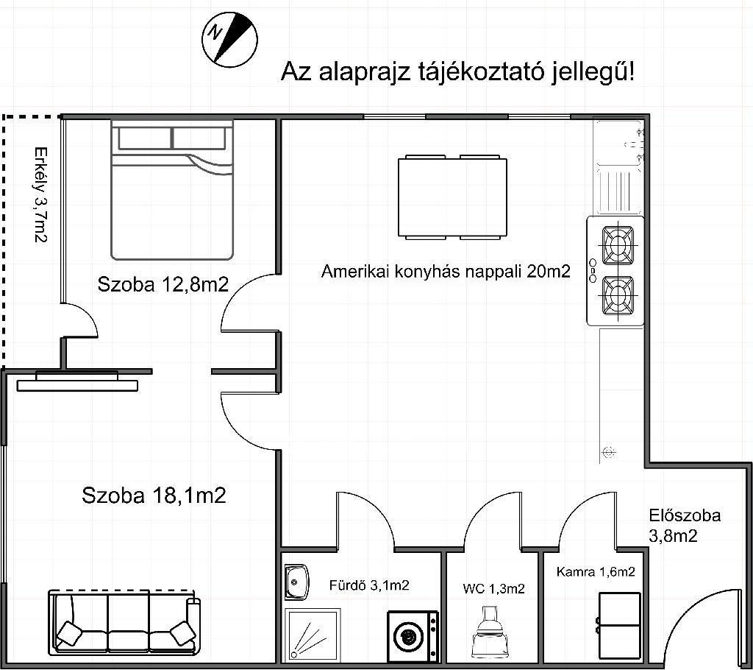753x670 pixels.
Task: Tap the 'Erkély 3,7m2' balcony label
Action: coord(41,195)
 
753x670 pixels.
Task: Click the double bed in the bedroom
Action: coord(172,190)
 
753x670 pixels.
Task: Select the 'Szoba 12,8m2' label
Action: coord(163,284)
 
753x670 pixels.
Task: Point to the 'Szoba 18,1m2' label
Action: coord(154,496)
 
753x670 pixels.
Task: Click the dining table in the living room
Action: coord(452,197)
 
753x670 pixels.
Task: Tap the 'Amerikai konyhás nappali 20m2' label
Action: coord(446,271)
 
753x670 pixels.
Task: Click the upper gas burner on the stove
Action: coord(618,246)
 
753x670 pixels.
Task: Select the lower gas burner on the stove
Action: coord(618,296)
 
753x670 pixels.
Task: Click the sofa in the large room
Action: coord(125,623)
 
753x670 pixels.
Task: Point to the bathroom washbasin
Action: coord(296,582)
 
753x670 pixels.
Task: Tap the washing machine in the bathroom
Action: coord(413,636)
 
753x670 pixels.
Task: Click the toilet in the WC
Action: coord(490,633)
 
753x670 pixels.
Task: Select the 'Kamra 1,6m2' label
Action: coord(596,572)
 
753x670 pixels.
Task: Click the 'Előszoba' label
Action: coord(685,515)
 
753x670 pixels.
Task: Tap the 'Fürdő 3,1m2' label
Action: coord(369,585)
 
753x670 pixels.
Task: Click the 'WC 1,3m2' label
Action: coord(493,589)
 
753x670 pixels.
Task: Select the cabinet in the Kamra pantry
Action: coord(619,625)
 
